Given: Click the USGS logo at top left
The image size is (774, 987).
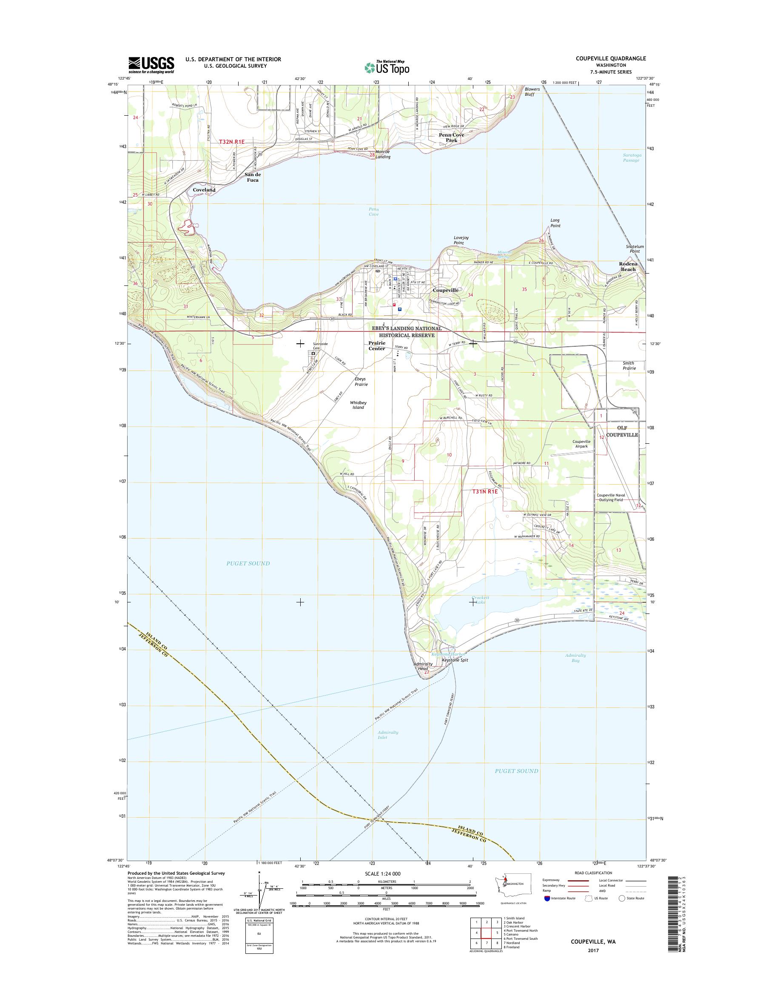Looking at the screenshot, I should (x=151, y=65).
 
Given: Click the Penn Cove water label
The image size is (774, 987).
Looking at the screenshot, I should (x=373, y=212).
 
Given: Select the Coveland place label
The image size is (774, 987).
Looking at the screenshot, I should (x=203, y=190).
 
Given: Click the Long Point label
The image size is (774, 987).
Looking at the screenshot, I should (x=555, y=223).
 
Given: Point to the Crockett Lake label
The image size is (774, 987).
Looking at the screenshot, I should (x=481, y=600).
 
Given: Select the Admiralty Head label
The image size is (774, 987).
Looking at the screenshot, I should (x=421, y=667).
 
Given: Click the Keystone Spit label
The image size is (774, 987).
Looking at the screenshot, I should (x=455, y=661).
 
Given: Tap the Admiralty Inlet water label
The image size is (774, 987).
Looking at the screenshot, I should (x=388, y=735).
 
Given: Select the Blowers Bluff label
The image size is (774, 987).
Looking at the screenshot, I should (x=532, y=91).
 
